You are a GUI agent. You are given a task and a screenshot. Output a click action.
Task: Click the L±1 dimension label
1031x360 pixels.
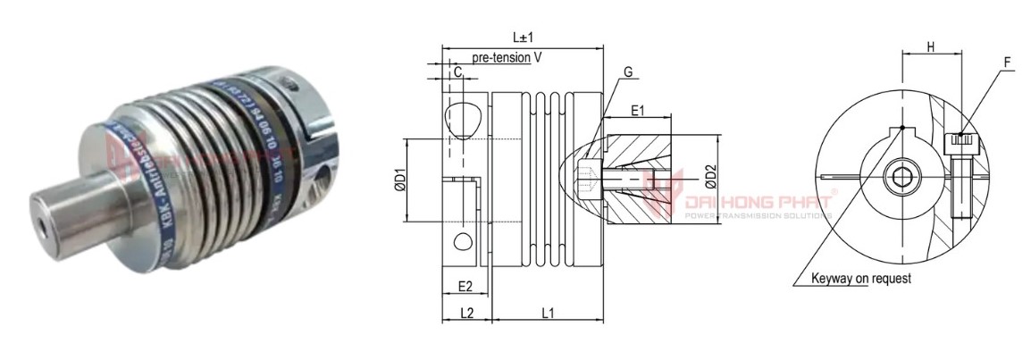coord(524,37)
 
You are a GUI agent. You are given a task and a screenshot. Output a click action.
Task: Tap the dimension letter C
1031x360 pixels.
coord(457,72)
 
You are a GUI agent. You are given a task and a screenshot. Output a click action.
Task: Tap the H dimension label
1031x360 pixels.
coord(930,47)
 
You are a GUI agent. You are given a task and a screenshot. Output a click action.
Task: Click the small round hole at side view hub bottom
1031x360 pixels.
coord(463,242)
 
